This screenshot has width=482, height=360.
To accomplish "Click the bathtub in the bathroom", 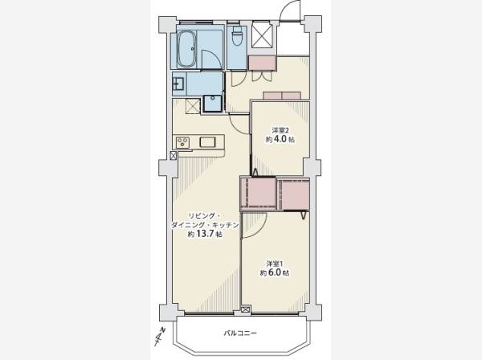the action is [x=187, y=49].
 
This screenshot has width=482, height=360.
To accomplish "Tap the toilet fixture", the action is [x=237, y=36].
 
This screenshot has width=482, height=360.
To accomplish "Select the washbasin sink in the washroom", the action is [x=178, y=84].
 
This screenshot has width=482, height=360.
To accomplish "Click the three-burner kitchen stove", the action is [x=182, y=143].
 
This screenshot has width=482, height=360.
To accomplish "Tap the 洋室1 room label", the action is [x=275, y=264].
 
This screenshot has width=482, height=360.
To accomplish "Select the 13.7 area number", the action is [x=205, y=235].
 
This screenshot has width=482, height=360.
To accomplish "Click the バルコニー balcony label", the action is [x=240, y=333].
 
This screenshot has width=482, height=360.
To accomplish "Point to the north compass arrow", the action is [x=160, y=337].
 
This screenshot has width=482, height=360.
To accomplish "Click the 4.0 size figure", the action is [x=280, y=139].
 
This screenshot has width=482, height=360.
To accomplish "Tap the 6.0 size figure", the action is [x=275, y=272].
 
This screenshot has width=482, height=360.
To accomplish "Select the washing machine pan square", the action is [x=212, y=104].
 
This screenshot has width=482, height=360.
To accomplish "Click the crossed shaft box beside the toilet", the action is [x=262, y=35].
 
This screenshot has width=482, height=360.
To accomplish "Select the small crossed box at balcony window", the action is [x=246, y=309].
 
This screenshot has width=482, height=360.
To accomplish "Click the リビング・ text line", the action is [x=204, y=216].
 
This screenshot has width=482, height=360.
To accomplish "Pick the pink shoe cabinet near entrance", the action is [x=262, y=63].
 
